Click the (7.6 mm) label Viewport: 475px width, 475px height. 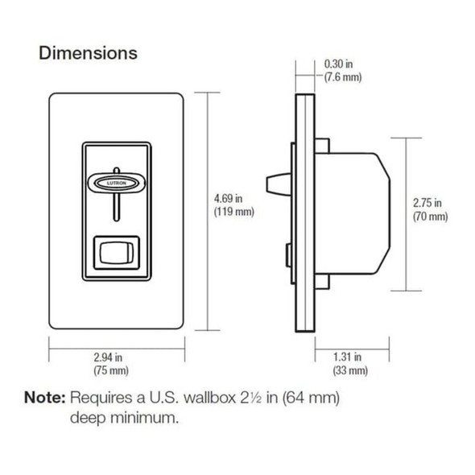342,77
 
